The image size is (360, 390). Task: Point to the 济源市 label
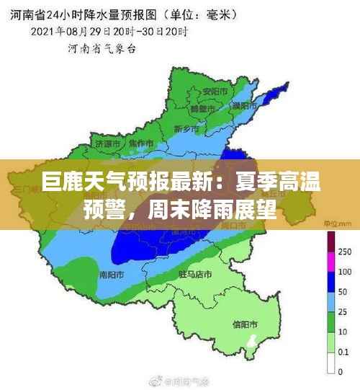[107, 143]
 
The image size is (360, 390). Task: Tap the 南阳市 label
[112, 275]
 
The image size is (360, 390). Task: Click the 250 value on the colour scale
[344, 252]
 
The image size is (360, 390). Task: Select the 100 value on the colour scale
[344, 272]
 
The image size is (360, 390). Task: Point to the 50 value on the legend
[343, 292]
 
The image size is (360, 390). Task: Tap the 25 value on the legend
[343, 312]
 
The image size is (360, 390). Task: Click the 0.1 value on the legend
[344, 352]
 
